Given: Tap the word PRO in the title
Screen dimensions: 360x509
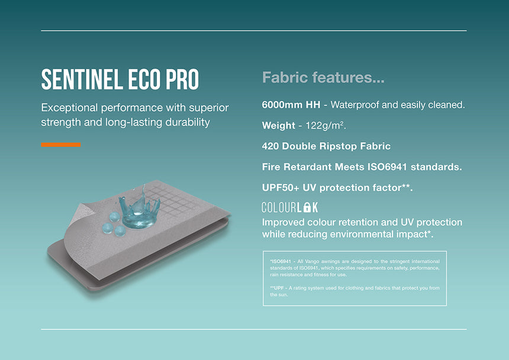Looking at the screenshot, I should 181,80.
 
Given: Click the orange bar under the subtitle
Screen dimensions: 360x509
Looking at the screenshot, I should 61,144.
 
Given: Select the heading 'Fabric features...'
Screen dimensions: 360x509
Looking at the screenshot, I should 323,78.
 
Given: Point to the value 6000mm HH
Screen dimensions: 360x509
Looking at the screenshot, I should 291,105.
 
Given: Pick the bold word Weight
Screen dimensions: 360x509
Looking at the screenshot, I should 278,126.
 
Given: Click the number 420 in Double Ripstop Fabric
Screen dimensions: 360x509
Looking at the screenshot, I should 270,146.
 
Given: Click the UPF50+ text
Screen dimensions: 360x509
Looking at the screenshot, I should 281,188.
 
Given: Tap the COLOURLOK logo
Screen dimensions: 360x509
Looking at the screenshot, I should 290,207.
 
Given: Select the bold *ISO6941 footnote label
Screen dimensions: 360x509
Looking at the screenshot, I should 282,261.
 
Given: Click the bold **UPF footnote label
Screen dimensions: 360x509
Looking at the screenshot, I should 279,288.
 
